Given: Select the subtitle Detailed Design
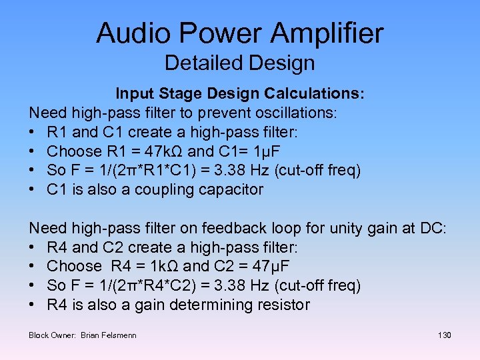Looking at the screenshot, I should point(239,63).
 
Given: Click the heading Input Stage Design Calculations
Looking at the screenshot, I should point(240,94).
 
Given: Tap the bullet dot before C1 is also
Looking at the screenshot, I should point(33,189).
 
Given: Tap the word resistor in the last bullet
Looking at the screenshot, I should point(282,305).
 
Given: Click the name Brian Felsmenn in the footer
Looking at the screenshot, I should point(108,335).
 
